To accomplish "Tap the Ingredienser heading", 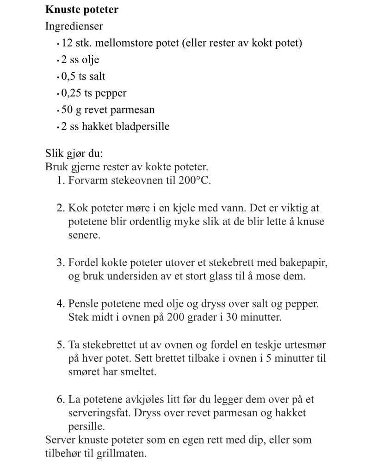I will pyautogui.click(x=74, y=26).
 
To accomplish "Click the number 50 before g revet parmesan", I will pyautogui.click(x=67, y=109).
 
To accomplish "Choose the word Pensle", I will pyautogui.click(x=84, y=304).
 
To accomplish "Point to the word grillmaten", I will pyautogui.click(x=122, y=453).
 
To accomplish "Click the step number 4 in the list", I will pyautogui.click(x=61, y=304).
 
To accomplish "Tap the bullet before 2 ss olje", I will pyautogui.click(x=58, y=60).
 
